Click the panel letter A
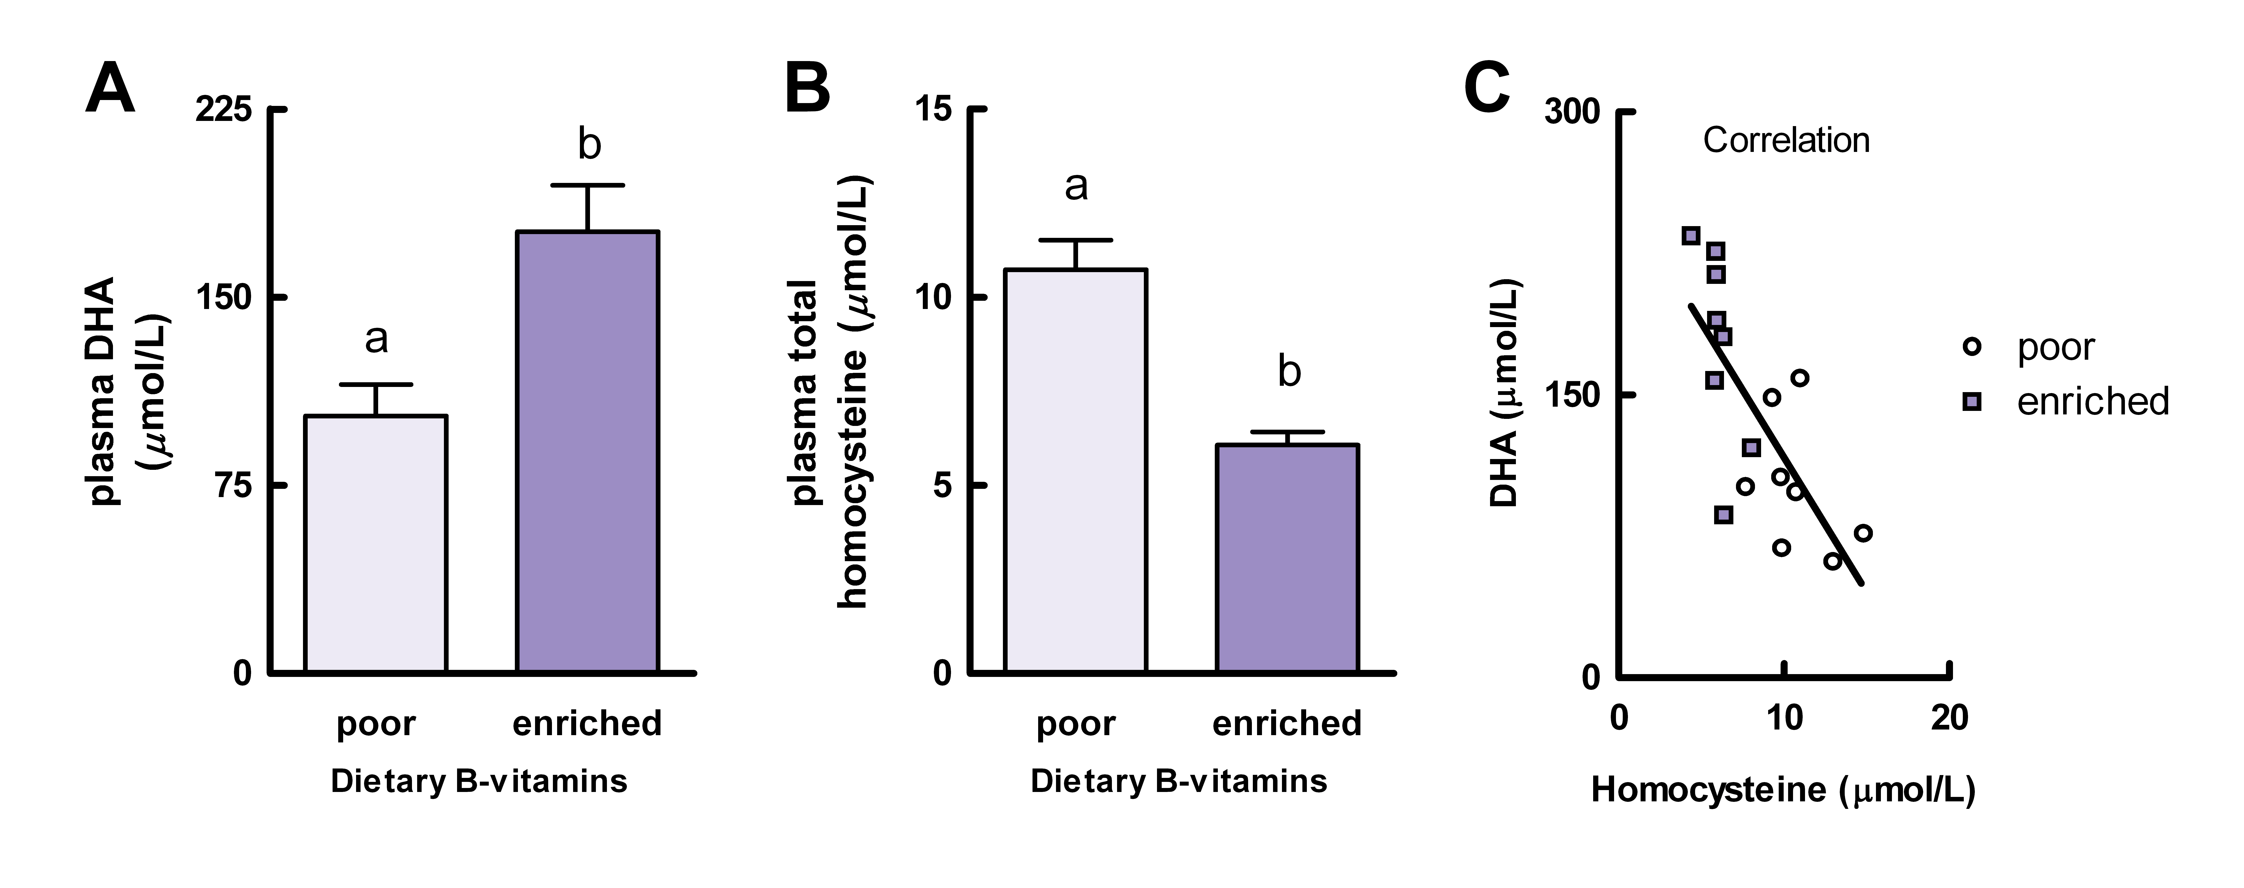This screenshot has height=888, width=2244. tap(111, 89)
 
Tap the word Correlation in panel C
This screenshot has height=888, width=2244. tap(1786, 140)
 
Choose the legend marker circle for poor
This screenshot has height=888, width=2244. tap(1971, 347)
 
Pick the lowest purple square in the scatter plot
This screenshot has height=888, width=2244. tap(1723, 514)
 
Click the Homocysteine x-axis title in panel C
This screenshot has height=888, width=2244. tap(1782, 790)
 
